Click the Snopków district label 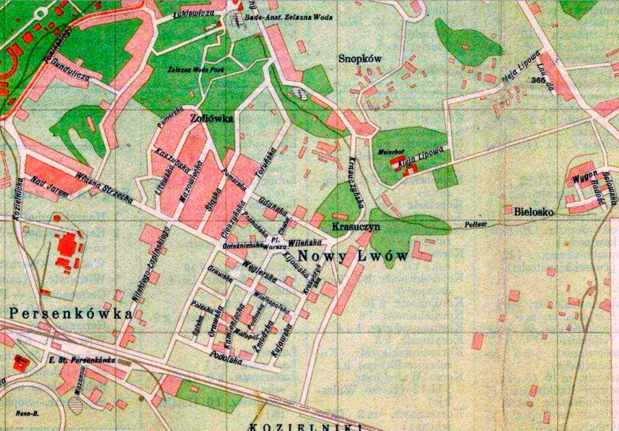(360, 59)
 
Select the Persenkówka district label (71, 313)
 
